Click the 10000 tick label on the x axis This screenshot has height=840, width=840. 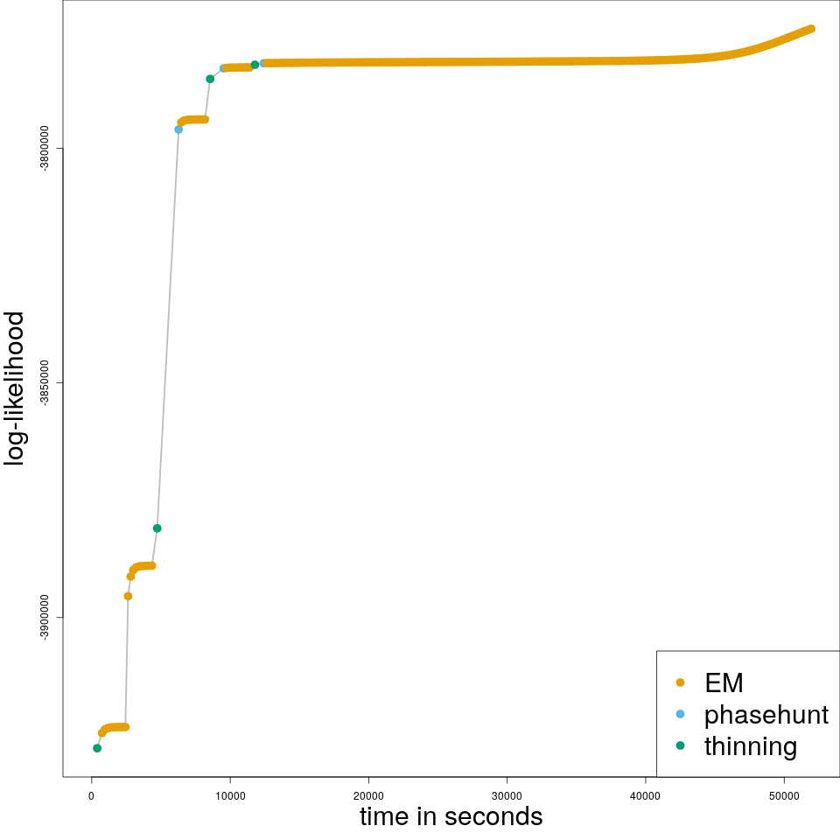(230, 794)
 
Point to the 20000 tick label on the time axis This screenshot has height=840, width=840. (368, 794)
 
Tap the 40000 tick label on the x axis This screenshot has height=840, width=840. (646, 794)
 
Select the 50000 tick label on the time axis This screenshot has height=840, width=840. (784, 794)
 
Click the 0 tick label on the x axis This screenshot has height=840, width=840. (92, 794)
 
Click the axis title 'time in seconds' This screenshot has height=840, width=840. (451, 817)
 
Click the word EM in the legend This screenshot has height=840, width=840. (724, 682)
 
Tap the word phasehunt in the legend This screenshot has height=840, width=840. (766, 715)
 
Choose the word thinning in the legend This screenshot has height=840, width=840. (750, 746)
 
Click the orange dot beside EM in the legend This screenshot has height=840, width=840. (680, 682)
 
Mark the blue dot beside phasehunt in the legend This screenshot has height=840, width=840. (680, 714)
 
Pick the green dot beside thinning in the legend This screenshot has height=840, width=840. (680, 745)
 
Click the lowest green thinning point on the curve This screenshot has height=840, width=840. (97, 748)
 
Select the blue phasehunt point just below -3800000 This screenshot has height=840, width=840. (178, 129)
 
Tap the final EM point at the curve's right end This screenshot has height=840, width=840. (811, 29)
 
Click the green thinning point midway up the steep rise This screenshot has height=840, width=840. (157, 528)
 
